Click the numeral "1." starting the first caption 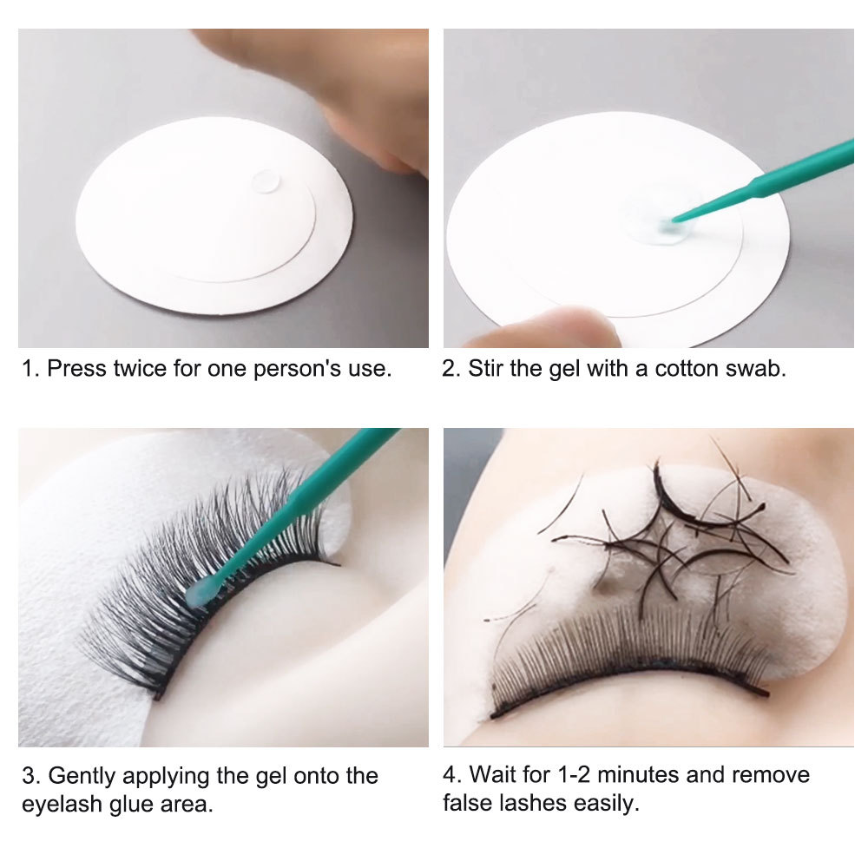30,368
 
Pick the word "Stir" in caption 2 487,368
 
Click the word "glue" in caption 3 129,804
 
